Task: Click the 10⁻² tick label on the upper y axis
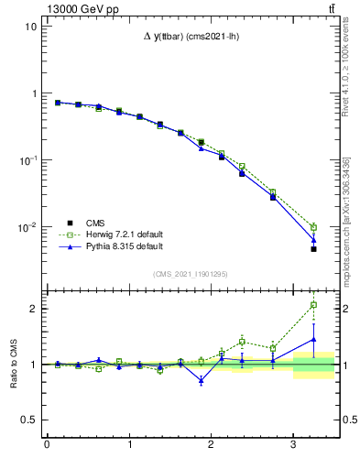point(27,227)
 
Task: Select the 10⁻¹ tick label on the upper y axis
point(27,160)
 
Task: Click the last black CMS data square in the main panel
point(313,248)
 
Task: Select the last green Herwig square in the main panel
point(313,227)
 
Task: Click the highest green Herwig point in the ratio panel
point(313,305)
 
